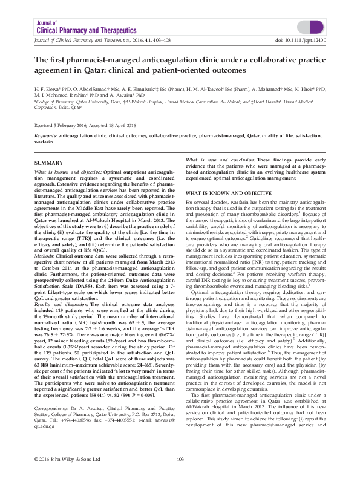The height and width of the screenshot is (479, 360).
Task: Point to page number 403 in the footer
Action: pyautogui.click(x=180, y=460)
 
